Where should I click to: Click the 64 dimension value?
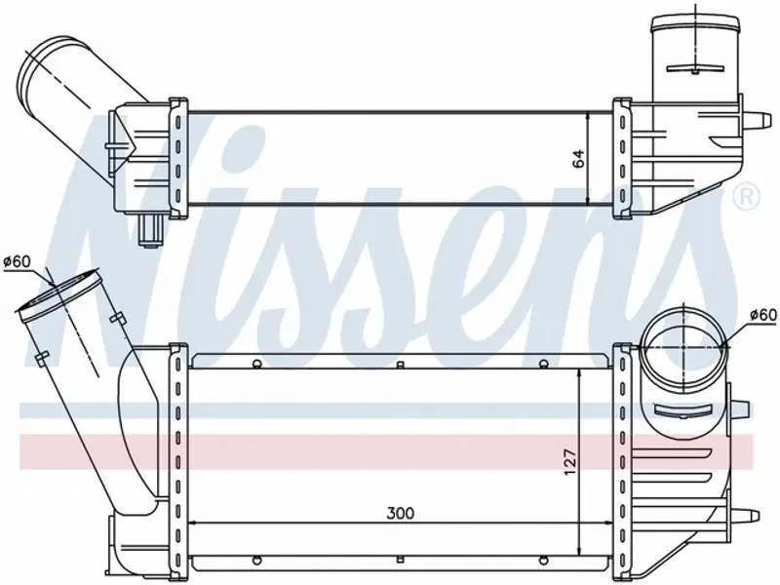(578, 158)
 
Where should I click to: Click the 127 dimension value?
(570, 461)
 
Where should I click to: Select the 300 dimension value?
(401, 513)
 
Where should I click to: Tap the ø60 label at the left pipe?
(17, 260)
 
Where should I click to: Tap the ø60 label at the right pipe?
(762, 314)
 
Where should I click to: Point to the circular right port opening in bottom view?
(683, 347)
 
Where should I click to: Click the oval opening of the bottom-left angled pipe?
(58, 294)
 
